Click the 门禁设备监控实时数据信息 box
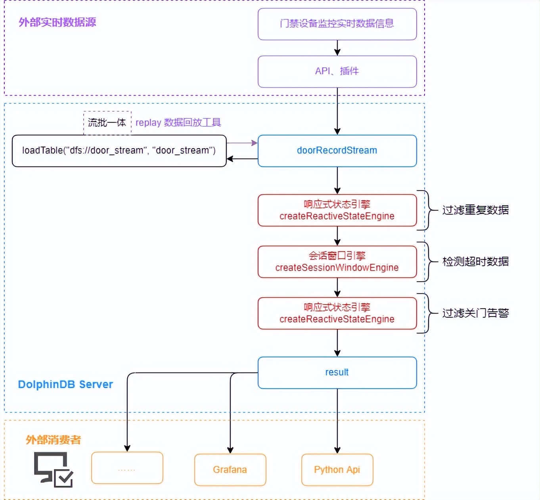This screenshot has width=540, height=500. (x=337, y=24)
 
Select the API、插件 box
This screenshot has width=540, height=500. (x=337, y=71)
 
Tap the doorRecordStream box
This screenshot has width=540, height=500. (x=337, y=151)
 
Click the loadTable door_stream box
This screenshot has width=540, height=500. (x=119, y=151)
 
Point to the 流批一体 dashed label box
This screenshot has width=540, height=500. (x=107, y=123)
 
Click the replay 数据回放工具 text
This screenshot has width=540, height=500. (x=178, y=122)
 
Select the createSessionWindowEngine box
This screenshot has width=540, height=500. (x=337, y=262)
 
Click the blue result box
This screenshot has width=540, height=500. (x=337, y=372)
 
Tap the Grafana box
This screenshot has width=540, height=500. (x=230, y=469)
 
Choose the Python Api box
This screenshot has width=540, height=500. (x=337, y=469)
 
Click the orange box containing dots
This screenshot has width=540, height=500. (x=127, y=468)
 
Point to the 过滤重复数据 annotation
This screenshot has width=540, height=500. (x=475, y=210)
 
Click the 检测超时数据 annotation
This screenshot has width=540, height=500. (x=475, y=261)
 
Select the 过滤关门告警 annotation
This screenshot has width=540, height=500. (x=475, y=313)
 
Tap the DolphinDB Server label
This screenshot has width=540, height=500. (x=65, y=384)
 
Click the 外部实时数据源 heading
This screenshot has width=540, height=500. (x=57, y=22)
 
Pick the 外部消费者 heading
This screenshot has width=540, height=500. (x=53, y=440)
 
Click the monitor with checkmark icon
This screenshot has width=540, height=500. (x=54, y=469)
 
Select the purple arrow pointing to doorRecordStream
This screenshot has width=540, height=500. (x=242, y=143)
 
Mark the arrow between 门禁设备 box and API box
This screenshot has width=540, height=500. (x=337, y=48)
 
